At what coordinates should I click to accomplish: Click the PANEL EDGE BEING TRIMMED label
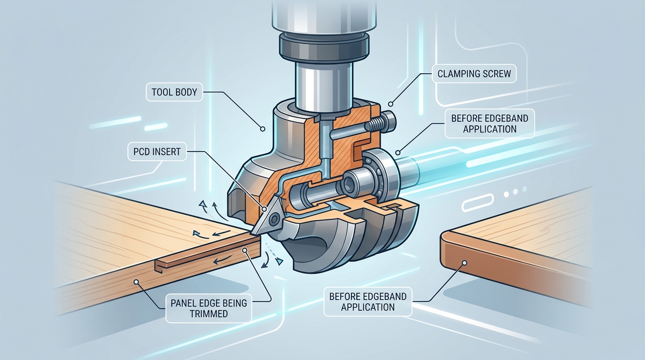click(x=209, y=308)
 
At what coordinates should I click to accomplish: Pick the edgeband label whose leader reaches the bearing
click(x=489, y=124)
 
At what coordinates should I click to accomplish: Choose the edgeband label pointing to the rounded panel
click(x=367, y=301)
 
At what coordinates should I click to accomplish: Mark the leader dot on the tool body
click(x=263, y=127)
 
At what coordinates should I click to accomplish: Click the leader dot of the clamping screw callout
click(x=390, y=103)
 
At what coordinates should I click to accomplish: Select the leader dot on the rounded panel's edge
click(x=465, y=263)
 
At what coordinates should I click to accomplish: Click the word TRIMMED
click(x=209, y=314)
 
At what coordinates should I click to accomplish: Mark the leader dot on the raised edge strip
click(x=244, y=250)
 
